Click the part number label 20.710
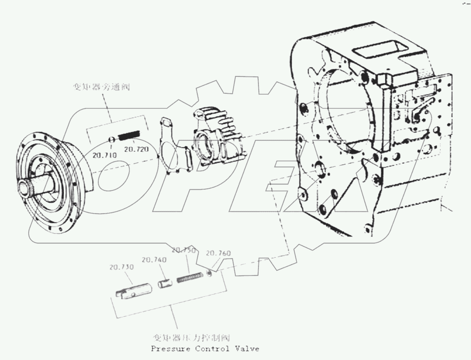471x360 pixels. [x=105, y=155]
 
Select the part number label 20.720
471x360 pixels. [x=136, y=149]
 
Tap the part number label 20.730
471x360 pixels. [x=121, y=267]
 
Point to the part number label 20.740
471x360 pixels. [x=154, y=260]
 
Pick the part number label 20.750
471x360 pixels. [x=184, y=250]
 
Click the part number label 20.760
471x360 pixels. [x=218, y=253]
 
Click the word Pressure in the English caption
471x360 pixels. [x=171, y=349]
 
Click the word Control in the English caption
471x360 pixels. [x=212, y=349]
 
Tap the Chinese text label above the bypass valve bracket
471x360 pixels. [x=101, y=87]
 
